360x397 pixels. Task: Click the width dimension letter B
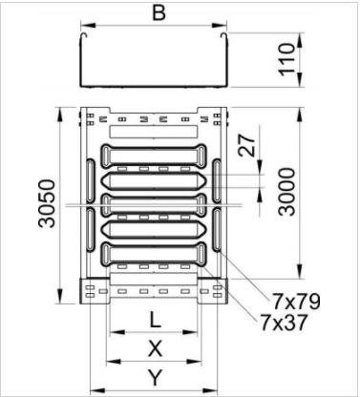[159, 13]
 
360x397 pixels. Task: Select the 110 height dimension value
[286, 59]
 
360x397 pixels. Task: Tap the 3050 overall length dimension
[47, 203]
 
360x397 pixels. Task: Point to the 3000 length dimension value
[286, 192]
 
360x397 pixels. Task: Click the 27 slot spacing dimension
[247, 145]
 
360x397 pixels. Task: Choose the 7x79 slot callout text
[297, 301]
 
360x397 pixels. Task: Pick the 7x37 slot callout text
[285, 322]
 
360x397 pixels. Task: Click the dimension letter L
[155, 320]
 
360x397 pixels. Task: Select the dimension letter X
[155, 348]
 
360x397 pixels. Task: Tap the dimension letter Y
[156, 377]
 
